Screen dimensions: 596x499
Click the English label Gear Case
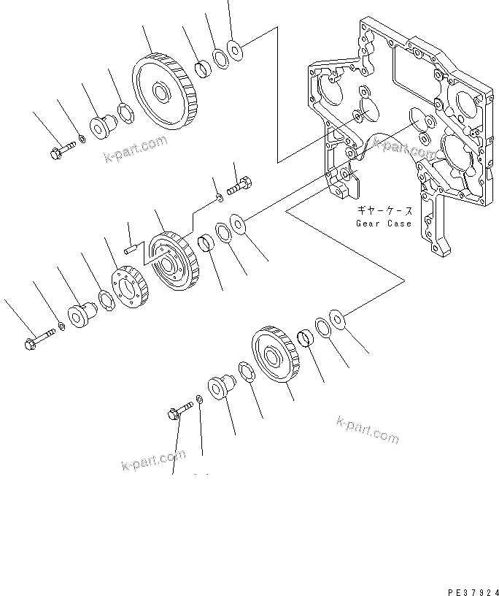pos(384,223)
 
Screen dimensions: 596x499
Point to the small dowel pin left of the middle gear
pos(131,249)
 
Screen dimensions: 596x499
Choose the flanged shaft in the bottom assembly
pos(219,384)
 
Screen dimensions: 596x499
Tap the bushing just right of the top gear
pos(203,70)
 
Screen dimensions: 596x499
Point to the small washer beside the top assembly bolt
pos(82,139)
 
